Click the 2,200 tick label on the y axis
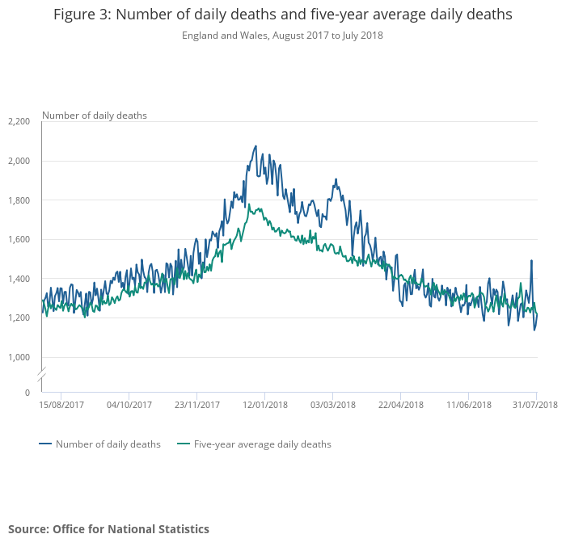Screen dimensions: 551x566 (19, 121)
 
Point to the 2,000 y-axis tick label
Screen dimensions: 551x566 (19, 161)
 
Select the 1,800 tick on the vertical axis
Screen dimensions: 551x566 (19, 200)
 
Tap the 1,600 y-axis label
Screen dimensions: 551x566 (19, 239)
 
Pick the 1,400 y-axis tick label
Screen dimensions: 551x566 (19, 279)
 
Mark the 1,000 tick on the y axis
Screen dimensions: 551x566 (19, 357)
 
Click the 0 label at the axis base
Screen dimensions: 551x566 (27, 393)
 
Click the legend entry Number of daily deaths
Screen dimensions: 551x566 (108, 444)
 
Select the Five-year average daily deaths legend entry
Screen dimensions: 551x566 (262, 444)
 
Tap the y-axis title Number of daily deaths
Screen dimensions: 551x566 (95, 116)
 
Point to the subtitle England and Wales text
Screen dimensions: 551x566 (218, 36)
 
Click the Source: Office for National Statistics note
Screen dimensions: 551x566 (108, 529)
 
